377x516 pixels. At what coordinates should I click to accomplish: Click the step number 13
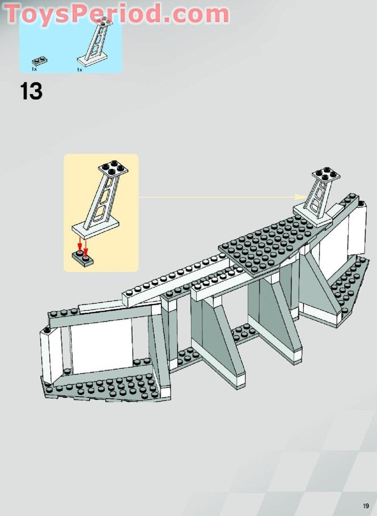31,91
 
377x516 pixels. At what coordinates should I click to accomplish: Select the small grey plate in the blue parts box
39,60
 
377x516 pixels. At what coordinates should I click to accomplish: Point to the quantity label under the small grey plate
35,69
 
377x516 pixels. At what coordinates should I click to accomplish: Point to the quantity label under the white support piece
79,69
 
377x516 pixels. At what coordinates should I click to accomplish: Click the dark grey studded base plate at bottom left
108,388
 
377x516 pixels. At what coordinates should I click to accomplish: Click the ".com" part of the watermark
196,14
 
